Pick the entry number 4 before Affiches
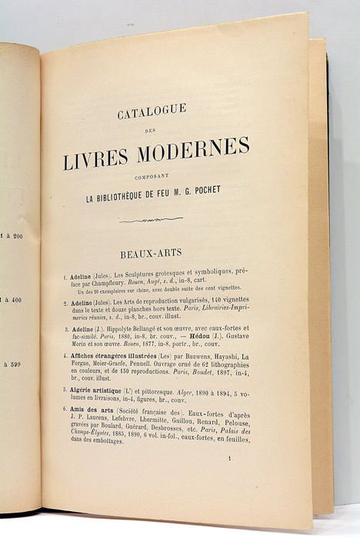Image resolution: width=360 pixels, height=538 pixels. coord(65,356)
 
